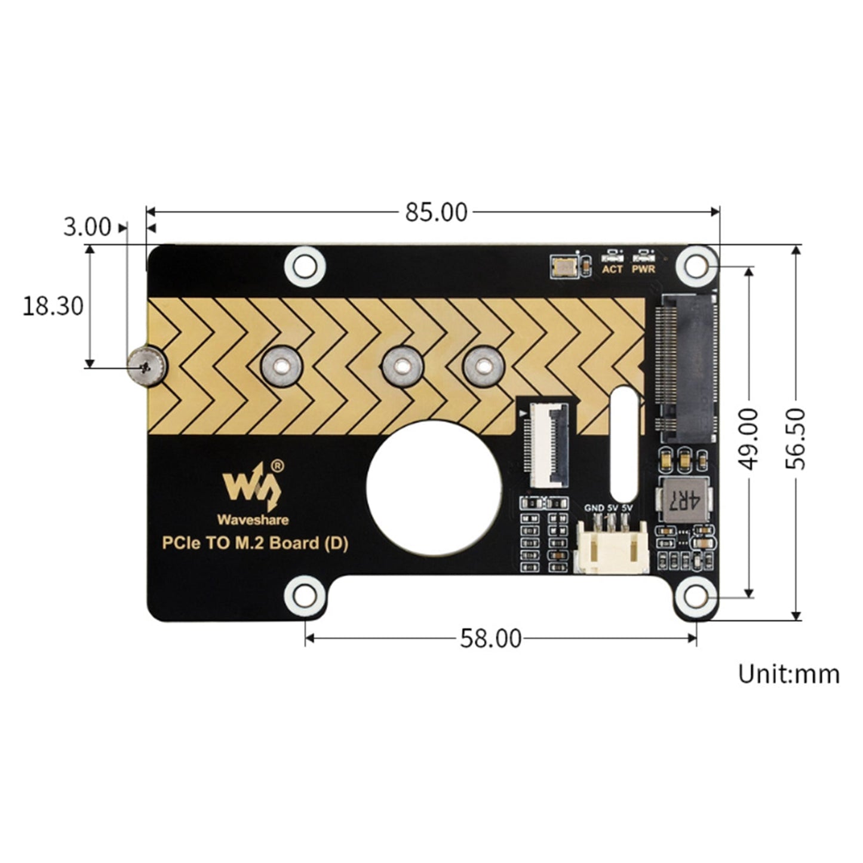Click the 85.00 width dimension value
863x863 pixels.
click(436, 212)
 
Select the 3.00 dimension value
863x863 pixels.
click(87, 227)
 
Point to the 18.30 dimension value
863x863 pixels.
click(53, 306)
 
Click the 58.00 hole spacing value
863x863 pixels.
click(490, 638)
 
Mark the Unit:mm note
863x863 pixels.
click(788, 674)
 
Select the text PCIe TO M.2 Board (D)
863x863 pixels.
click(255, 543)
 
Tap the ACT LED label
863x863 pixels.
click(612, 269)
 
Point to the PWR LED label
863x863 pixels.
click(643, 269)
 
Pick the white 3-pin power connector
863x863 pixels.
click(611, 547)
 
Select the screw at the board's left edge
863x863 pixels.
click(147, 366)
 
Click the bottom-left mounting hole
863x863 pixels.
click(305, 595)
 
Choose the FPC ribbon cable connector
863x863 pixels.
click(545, 445)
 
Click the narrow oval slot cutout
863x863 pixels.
click(624, 443)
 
